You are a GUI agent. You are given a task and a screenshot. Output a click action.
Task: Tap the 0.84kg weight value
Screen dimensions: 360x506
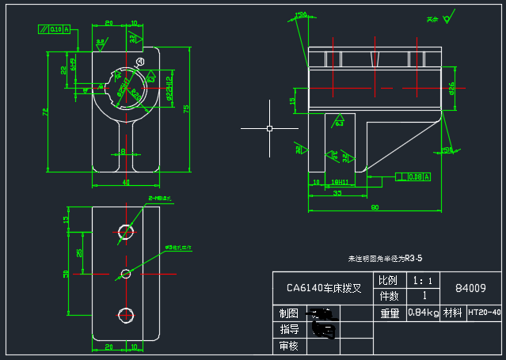(x=423, y=313)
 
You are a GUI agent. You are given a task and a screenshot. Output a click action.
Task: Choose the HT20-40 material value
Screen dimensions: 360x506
(x=485, y=313)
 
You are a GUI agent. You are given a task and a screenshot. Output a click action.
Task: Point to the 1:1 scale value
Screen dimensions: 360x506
(x=423, y=281)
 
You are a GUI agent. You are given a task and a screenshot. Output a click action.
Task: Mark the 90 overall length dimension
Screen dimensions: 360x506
(x=373, y=208)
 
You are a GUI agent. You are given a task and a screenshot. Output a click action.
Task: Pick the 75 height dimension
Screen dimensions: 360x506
(x=185, y=108)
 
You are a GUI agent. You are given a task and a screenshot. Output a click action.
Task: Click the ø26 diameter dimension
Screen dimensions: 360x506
(x=451, y=87)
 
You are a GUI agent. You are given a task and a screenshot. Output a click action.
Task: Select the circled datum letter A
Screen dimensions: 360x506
(x=140, y=61)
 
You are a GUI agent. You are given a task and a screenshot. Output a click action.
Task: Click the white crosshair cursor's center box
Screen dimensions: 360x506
(x=269, y=127)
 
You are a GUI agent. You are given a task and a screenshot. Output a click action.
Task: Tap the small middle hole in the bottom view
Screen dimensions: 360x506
(x=125, y=274)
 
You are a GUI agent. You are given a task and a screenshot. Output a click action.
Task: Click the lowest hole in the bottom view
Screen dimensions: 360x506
(x=125, y=315)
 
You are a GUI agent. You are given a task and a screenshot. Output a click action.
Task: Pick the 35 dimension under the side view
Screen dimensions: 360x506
(x=337, y=192)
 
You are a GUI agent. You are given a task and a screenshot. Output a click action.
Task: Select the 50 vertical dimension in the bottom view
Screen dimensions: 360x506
(x=67, y=274)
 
